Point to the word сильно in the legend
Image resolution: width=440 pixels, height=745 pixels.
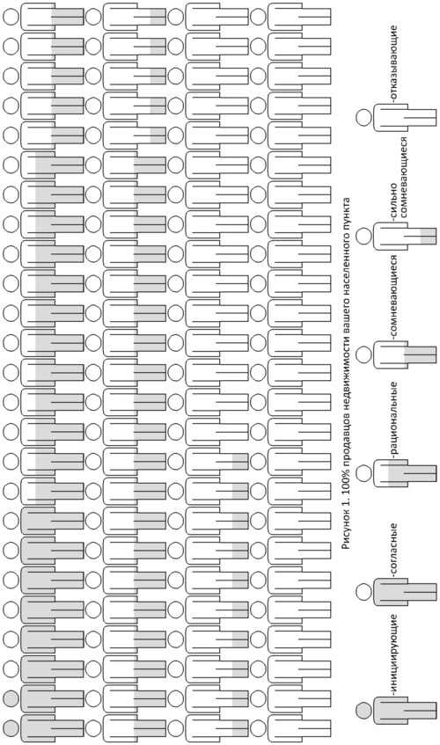[x=393, y=204]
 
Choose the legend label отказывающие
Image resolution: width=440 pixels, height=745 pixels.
[x=393, y=64]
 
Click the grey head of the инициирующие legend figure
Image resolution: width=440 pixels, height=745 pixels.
[x=363, y=711]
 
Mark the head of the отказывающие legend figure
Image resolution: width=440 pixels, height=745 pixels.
[x=363, y=117]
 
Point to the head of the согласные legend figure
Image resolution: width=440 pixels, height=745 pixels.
[x=363, y=592]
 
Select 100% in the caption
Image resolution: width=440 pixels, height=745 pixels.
[x=346, y=492]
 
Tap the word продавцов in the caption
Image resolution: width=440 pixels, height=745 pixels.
[x=346, y=458]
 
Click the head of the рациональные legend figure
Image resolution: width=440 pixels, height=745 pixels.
[x=363, y=473]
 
